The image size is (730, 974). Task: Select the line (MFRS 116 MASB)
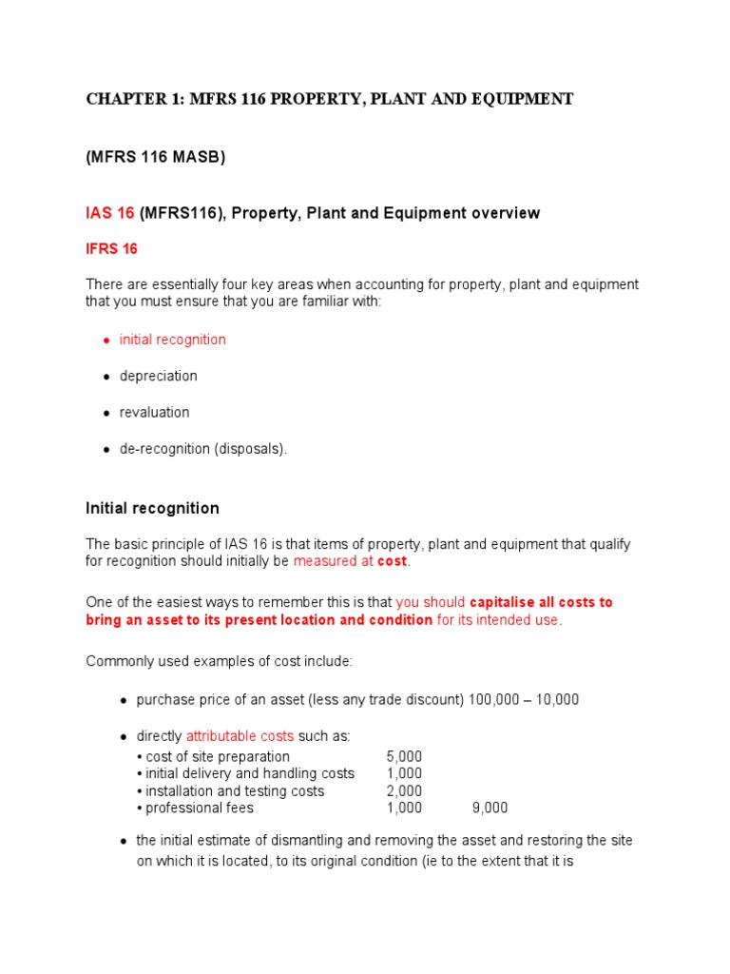(x=156, y=158)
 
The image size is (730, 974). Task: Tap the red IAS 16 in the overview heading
(x=110, y=213)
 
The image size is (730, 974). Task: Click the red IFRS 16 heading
(x=111, y=249)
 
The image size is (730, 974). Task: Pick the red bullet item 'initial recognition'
(x=172, y=340)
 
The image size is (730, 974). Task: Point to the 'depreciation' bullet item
(x=158, y=376)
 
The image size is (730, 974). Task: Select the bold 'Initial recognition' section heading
(x=152, y=508)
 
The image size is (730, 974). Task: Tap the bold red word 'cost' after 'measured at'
(x=392, y=562)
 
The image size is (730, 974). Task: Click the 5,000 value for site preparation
(x=404, y=757)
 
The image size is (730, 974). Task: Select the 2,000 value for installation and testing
(x=404, y=791)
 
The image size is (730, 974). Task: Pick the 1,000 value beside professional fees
(x=404, y=808)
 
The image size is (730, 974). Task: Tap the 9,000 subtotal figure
(x=490, y=808)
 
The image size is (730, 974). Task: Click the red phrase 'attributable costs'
(x=240, y=736)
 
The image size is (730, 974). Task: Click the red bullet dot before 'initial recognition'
(x=106, y=341)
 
